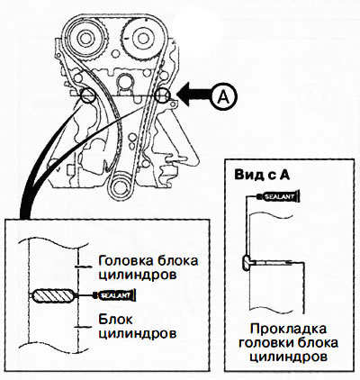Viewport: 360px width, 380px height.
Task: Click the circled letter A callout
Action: click(x=223, y=96)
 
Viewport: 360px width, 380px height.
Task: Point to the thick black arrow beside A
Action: click(x=194, y=95)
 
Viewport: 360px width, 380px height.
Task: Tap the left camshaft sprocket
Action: click(x=85, y=39)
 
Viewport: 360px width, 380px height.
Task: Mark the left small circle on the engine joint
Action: click(x=88, y=95)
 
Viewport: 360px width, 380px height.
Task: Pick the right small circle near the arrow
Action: click(x=163, y=95)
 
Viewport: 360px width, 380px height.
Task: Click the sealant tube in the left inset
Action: click(x=115, y=295)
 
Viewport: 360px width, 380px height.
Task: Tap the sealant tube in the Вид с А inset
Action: click(x=279, y=197)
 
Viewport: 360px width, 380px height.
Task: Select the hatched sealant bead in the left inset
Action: click(x=54, y=295)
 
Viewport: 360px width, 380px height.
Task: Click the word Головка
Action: click(x=122, y=260)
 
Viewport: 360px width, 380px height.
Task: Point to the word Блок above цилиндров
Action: click(x=115, y=320)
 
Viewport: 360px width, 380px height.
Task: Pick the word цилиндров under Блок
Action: click(x=138, y=333)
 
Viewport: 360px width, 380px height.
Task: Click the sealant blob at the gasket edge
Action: click(x=247, y=263)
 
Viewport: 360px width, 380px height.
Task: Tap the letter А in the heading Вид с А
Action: click(x=283, y=175)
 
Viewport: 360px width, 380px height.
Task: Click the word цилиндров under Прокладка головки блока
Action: click(x=289, y=357)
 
